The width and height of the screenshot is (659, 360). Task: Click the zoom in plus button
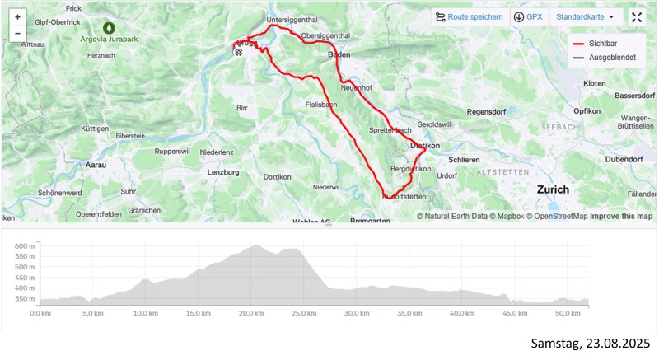point(17,17)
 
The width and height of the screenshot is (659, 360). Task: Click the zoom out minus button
point(17,34)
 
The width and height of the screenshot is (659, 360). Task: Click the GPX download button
point(528,16)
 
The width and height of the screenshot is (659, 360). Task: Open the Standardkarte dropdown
point(585,16)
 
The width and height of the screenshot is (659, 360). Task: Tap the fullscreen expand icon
point(637,16)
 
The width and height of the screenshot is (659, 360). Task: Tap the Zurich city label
point(552,189)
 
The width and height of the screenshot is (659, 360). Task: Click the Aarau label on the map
point(96,166)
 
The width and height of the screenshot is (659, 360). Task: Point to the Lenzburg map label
point(223,173)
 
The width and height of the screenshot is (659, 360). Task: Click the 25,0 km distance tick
point(304,314)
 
